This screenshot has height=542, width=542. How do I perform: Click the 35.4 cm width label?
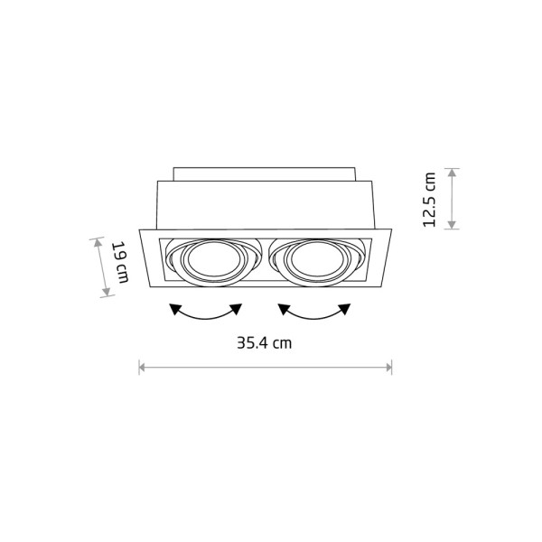(265, 343)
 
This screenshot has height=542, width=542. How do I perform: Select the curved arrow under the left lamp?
(207, 313)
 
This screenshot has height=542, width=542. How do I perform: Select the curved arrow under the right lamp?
(314, 313)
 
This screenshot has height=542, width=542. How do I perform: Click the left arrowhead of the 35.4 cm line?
(142, 367)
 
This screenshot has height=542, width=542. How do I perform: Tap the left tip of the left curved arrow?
(173, 308)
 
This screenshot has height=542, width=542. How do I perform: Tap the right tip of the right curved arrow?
(349, 308)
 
